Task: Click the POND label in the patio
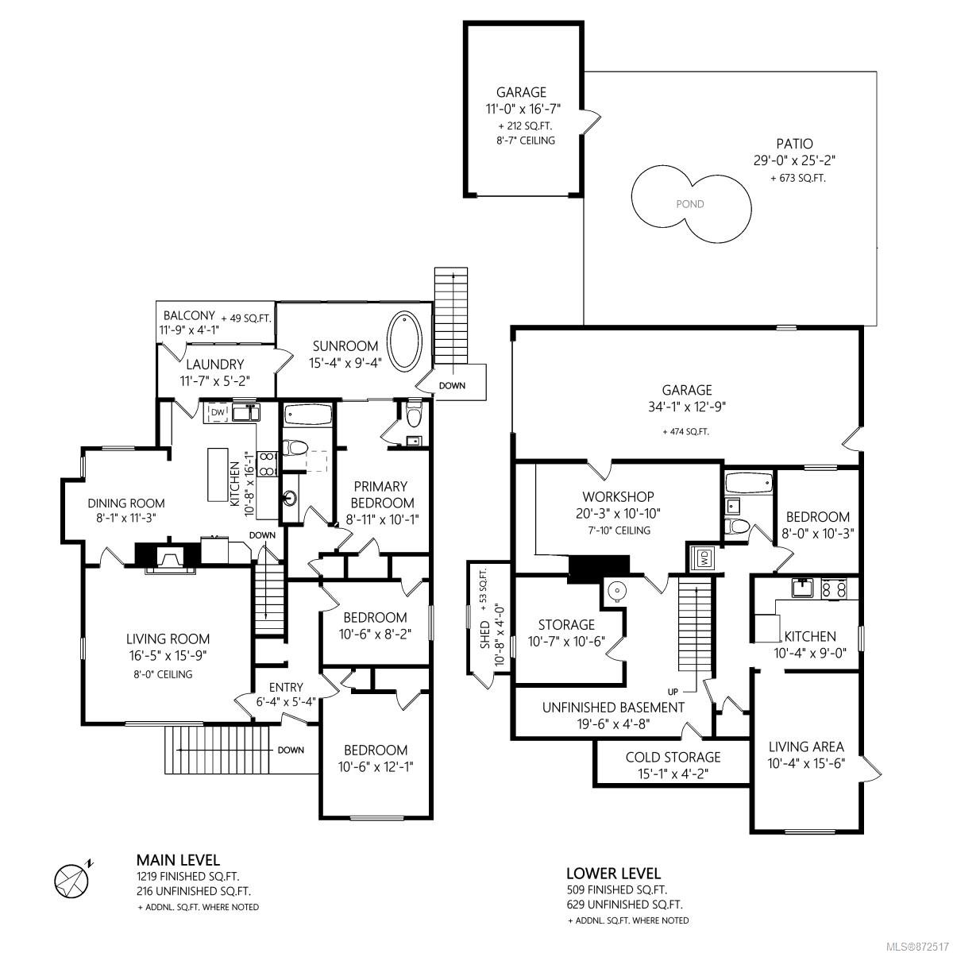coord(689,204)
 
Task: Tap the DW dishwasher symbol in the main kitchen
coord(218,412)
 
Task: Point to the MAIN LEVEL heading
coord(178,860)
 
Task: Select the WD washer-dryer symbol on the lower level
coord(702,559)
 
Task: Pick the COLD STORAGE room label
coord(673,757)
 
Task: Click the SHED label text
coord(485,635)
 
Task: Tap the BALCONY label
coord(190,315)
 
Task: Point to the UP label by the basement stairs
coord(673,692)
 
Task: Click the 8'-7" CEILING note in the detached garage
coord(526,141)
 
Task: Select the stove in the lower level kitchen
coord(834,589)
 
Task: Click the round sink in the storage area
coord(617,591)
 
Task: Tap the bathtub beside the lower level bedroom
coord(748,483)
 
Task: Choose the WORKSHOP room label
coord(618,496)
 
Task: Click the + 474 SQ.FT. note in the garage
coord(686,432)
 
